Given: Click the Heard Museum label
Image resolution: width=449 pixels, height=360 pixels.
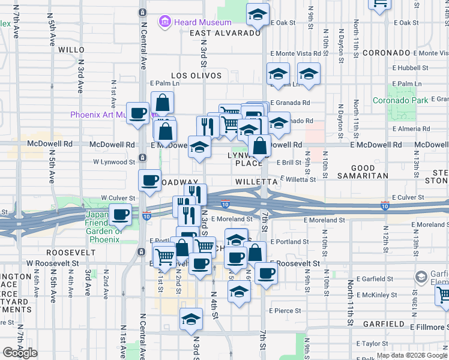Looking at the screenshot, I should click(194, 22).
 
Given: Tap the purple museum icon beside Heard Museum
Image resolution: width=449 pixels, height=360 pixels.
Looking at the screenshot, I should click(164, 22).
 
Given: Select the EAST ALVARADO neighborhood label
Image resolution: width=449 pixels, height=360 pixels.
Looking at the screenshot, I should click(225, 33).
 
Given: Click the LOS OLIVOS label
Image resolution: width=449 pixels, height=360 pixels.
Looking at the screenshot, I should click(196, 76).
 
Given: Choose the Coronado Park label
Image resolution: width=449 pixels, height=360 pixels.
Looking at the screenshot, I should click(400, 100).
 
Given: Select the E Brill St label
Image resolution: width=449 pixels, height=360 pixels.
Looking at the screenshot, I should click(289, 162).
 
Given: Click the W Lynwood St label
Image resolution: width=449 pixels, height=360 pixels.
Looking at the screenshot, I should click(114, 162).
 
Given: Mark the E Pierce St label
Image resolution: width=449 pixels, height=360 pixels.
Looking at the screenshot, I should click(284, 311).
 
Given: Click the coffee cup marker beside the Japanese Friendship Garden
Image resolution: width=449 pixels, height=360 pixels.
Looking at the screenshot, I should click(120, 214).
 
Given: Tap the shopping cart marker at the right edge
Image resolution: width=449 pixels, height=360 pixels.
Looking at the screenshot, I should click(442, 295).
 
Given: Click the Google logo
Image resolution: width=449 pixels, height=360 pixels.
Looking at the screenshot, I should click(20, 353).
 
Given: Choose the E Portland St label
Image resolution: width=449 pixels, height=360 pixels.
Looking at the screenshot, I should click(289, 242).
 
